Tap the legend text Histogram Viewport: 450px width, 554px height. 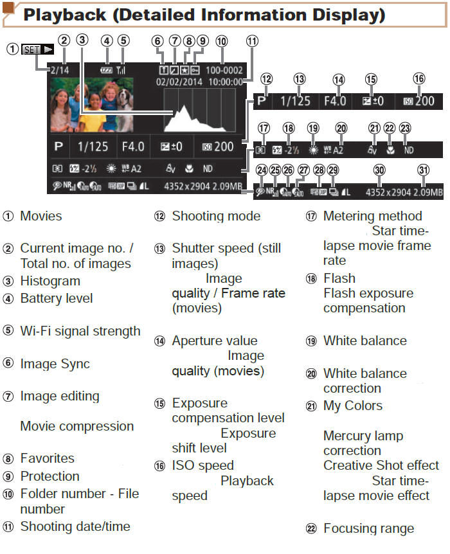pyautogui.click(x=50, y=281)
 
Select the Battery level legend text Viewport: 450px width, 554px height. pyautogui.click(x=57, y=298)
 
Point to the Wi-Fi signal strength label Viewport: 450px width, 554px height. pyautogui.click(x=80, y=331)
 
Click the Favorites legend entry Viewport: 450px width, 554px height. pyautogui.click(x=47, y=458)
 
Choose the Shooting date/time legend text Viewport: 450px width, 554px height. pyautogui.click(x=75, y=526)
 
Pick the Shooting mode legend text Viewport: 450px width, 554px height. pyautogui.click(x=216, y=216)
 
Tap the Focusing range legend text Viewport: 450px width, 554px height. pyautogui.click(x=368, y=528)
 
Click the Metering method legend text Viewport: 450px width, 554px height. pyautogui.click(x=373, y=216)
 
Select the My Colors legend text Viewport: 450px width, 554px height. pyautogui.click(x=353, y=406)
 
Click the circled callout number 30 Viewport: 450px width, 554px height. pyautogui.click(x=380, y=170)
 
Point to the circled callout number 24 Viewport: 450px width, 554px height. pyautogui.click(x=261, y=170)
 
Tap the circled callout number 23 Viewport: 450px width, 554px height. pyautogui.click(x=405, y=128)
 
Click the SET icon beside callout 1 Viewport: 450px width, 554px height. pyautogui.click(x=30, y=49)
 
